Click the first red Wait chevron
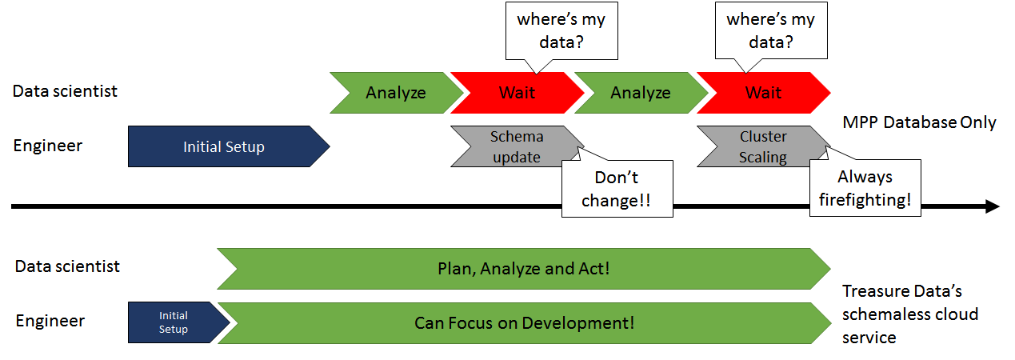click(517, 93)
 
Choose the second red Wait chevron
click(764, 93)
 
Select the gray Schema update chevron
click(517, 146)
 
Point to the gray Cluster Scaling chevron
click(764, 146)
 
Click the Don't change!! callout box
click(617, 189)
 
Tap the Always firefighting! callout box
click(865, 188)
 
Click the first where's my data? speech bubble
click(561, 31)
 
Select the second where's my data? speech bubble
click(771, 30)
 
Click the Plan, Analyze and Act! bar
click(524, 269)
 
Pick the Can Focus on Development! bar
click(525, 323)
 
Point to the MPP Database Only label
click(919, 122)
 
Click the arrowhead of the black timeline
click(993, 206)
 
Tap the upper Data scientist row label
click(65, 91)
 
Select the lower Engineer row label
click(50, 321)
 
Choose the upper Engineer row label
click(47, 146)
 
